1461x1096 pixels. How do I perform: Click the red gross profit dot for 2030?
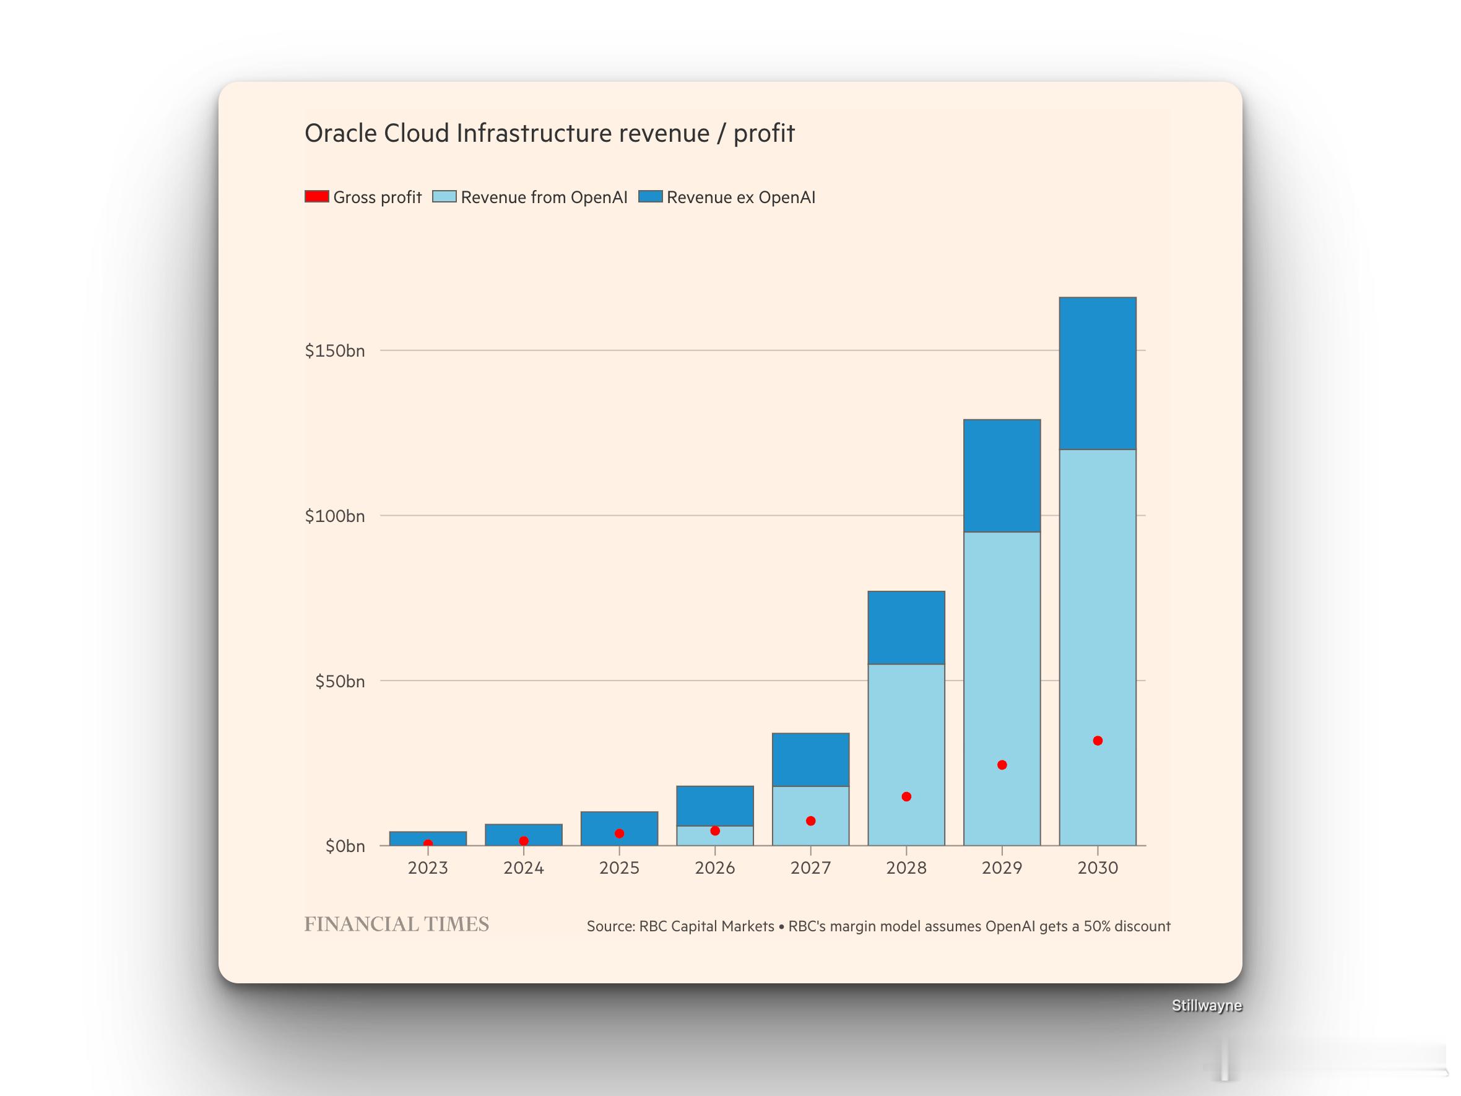(1098, 741)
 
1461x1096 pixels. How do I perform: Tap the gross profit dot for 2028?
(906, 797)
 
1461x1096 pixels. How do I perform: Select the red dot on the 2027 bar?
(810, 820)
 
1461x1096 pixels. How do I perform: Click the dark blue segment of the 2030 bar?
(1098, 373)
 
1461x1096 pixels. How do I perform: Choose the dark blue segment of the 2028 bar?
(906, 628)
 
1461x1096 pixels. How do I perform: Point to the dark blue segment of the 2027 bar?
(810, 759)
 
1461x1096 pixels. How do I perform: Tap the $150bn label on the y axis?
(335, 351)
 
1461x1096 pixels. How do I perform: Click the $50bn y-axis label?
(339, 681)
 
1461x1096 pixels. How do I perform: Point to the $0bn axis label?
(345, 846)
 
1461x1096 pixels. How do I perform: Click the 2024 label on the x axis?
(524, 868)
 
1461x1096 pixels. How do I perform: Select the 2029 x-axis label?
(1002, 868)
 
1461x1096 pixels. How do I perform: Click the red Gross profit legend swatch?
(316, 196)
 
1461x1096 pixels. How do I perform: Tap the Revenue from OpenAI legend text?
(544, 197)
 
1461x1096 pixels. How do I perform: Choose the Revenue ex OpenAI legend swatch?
(651, 196)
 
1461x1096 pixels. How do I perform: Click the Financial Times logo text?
(396, 924)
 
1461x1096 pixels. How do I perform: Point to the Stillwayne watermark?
(1207, 1006)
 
